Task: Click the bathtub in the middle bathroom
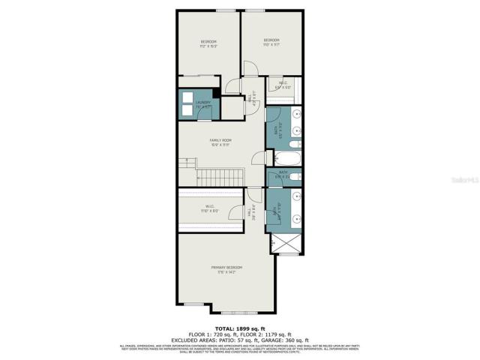click(286, 159)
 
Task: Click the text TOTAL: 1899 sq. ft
click(241, 329)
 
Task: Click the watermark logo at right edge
click(463, 180)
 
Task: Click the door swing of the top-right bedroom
click(251, 68)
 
